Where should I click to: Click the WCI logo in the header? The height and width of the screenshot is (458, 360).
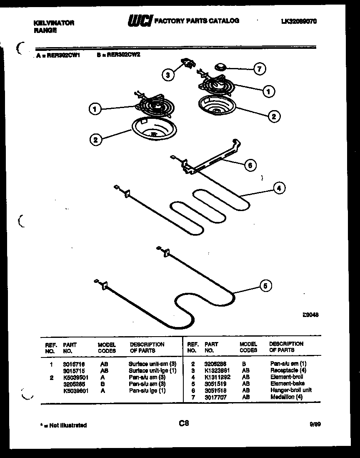[x=140, y=21]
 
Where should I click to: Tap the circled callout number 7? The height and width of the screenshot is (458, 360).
[x=260, y=69]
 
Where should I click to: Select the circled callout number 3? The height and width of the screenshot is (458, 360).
[x=168, y=75]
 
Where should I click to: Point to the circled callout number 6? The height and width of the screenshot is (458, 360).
[x=250, y=165]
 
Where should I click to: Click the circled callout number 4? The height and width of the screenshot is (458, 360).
[x=279, y=188]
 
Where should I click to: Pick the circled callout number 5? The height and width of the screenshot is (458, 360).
[x=266, y=286]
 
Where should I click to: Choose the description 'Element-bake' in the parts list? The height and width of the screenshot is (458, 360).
[x=287, y=383]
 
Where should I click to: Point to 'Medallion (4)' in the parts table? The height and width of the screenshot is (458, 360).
[x=287, y=396]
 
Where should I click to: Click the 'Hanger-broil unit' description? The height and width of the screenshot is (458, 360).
[x=291, y=390]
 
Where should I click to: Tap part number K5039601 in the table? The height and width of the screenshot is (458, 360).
[x=75, y=391]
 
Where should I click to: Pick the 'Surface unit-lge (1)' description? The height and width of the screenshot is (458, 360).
[x=152, y=370]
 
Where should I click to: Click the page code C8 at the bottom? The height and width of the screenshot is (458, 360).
[x=184, y=423]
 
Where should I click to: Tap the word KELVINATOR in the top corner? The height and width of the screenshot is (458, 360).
[x=54, y=23]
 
